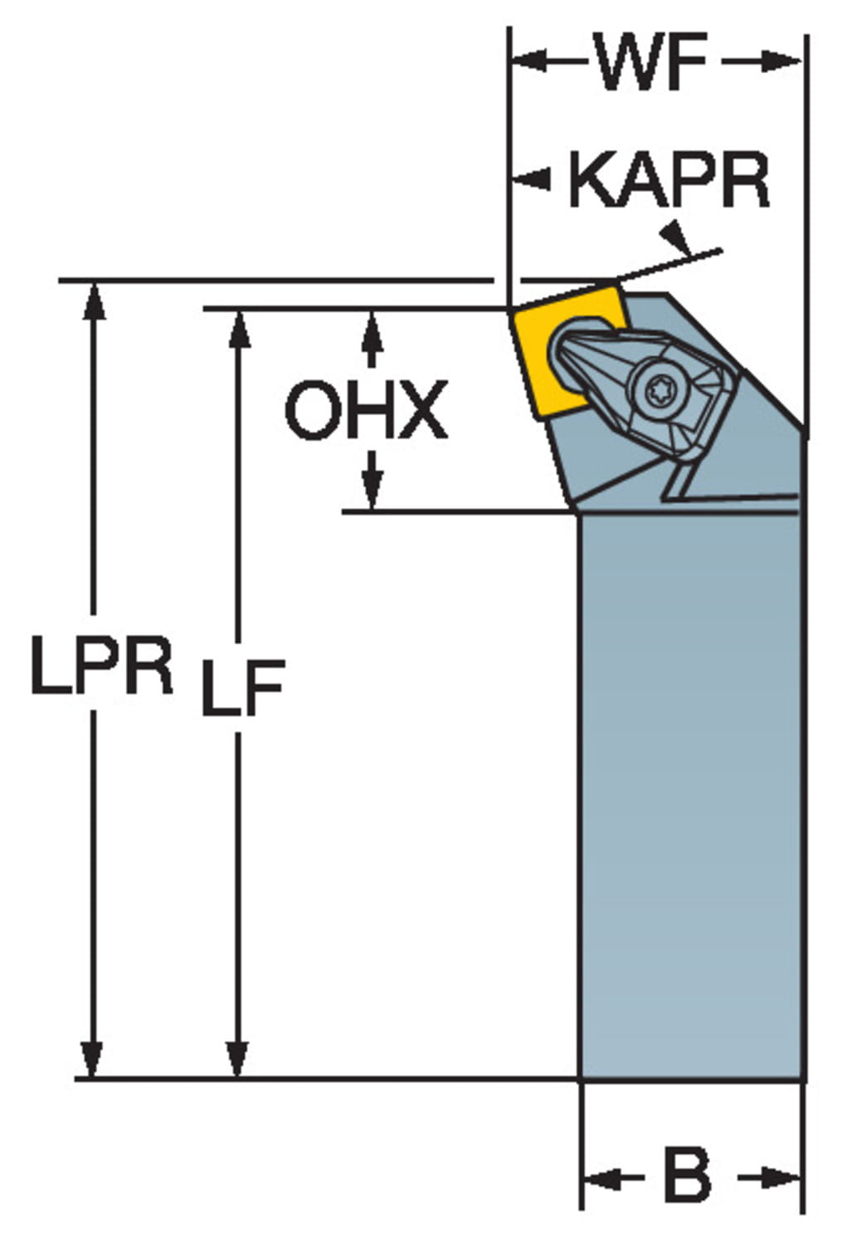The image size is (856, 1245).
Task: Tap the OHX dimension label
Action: point(366,410)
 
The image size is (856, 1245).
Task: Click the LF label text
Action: point(242,687)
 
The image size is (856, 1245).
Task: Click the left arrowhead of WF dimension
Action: point(528,61)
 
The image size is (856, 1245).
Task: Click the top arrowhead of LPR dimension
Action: point(94,299)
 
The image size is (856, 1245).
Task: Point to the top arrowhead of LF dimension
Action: point(239,328)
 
